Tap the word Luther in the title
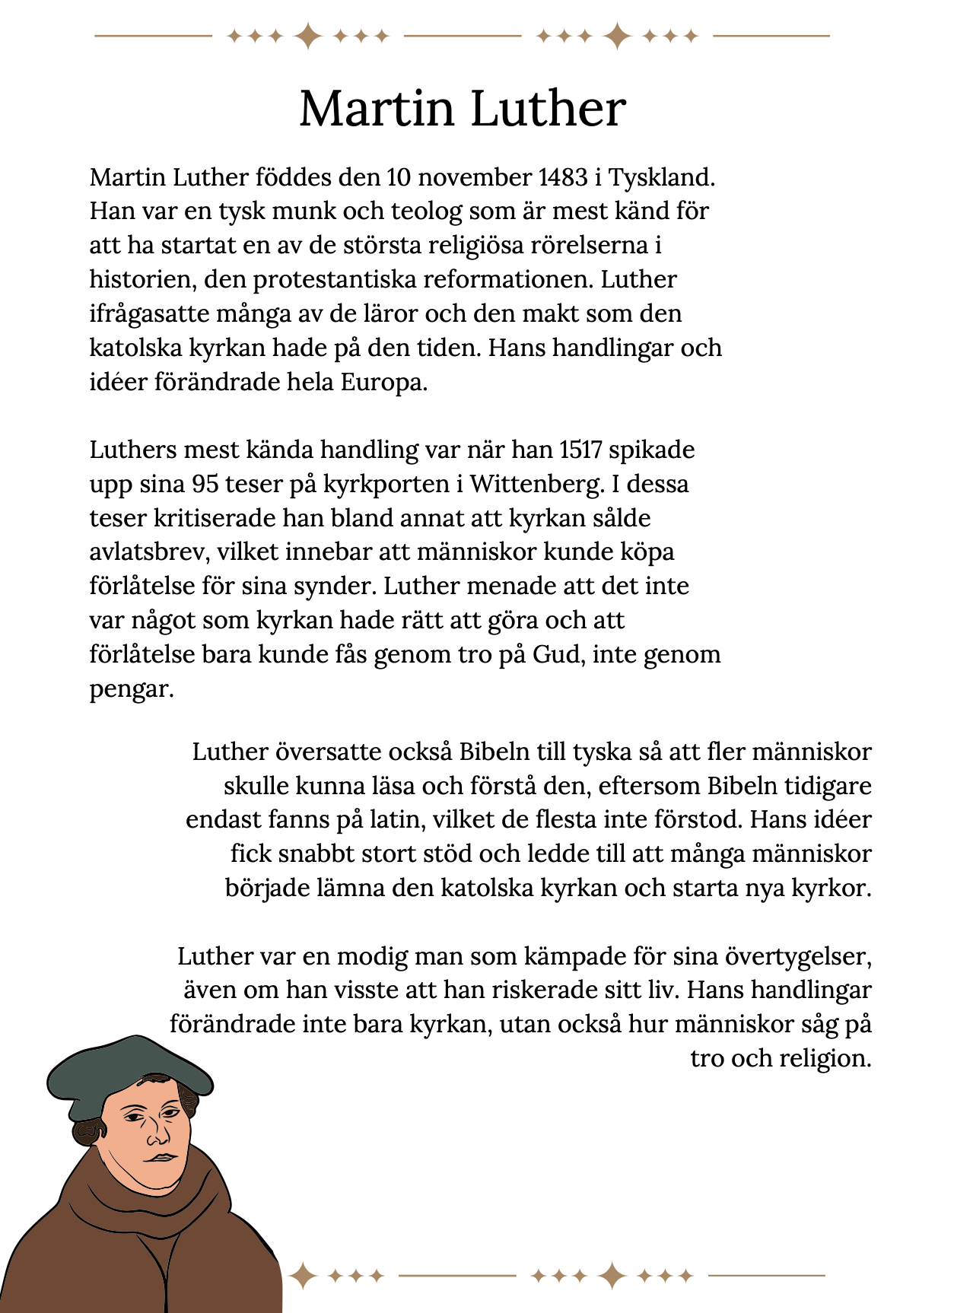549,109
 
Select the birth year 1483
563,177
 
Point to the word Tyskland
661,177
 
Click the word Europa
383,382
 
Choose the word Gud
558,654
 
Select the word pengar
131,689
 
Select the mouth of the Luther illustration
162,1157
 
